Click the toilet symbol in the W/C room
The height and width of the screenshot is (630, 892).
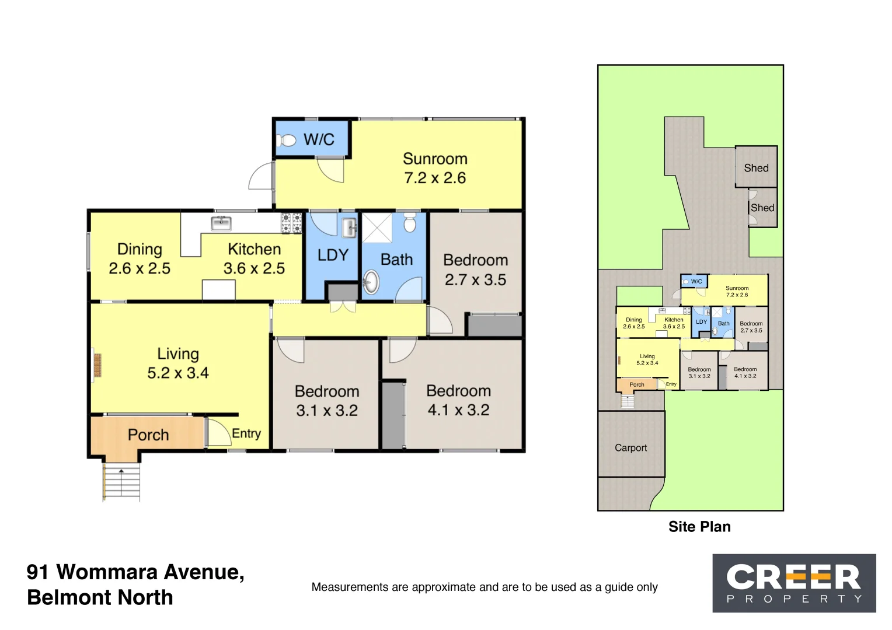pos(288,140)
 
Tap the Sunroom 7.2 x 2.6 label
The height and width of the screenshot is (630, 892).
pos(435,168)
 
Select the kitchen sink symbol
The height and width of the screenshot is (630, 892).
pos(221,223)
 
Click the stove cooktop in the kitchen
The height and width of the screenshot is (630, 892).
pos(292,223)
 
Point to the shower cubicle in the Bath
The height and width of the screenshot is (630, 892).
pos(378,228)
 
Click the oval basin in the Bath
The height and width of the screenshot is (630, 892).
pos(371,282)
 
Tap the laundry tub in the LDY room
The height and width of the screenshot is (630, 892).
pos(349,228)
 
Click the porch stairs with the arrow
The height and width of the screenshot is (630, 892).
pos(121,481)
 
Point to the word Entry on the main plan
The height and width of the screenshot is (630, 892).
pos(246,433)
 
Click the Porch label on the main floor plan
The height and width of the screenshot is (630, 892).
pos(148,435)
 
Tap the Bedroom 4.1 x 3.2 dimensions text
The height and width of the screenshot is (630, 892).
pos(458,410)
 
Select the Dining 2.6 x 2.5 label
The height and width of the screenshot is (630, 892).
pos(140,259)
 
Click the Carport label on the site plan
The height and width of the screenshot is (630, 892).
pos(630,448)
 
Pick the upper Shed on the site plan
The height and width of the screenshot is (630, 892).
pos(756,167)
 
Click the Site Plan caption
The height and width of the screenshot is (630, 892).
pos(699,527)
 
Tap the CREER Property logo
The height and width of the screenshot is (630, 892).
pos(794,583)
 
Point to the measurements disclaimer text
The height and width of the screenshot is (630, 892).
pos(485,587)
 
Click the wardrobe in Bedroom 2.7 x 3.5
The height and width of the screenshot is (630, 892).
pos(494,325)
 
